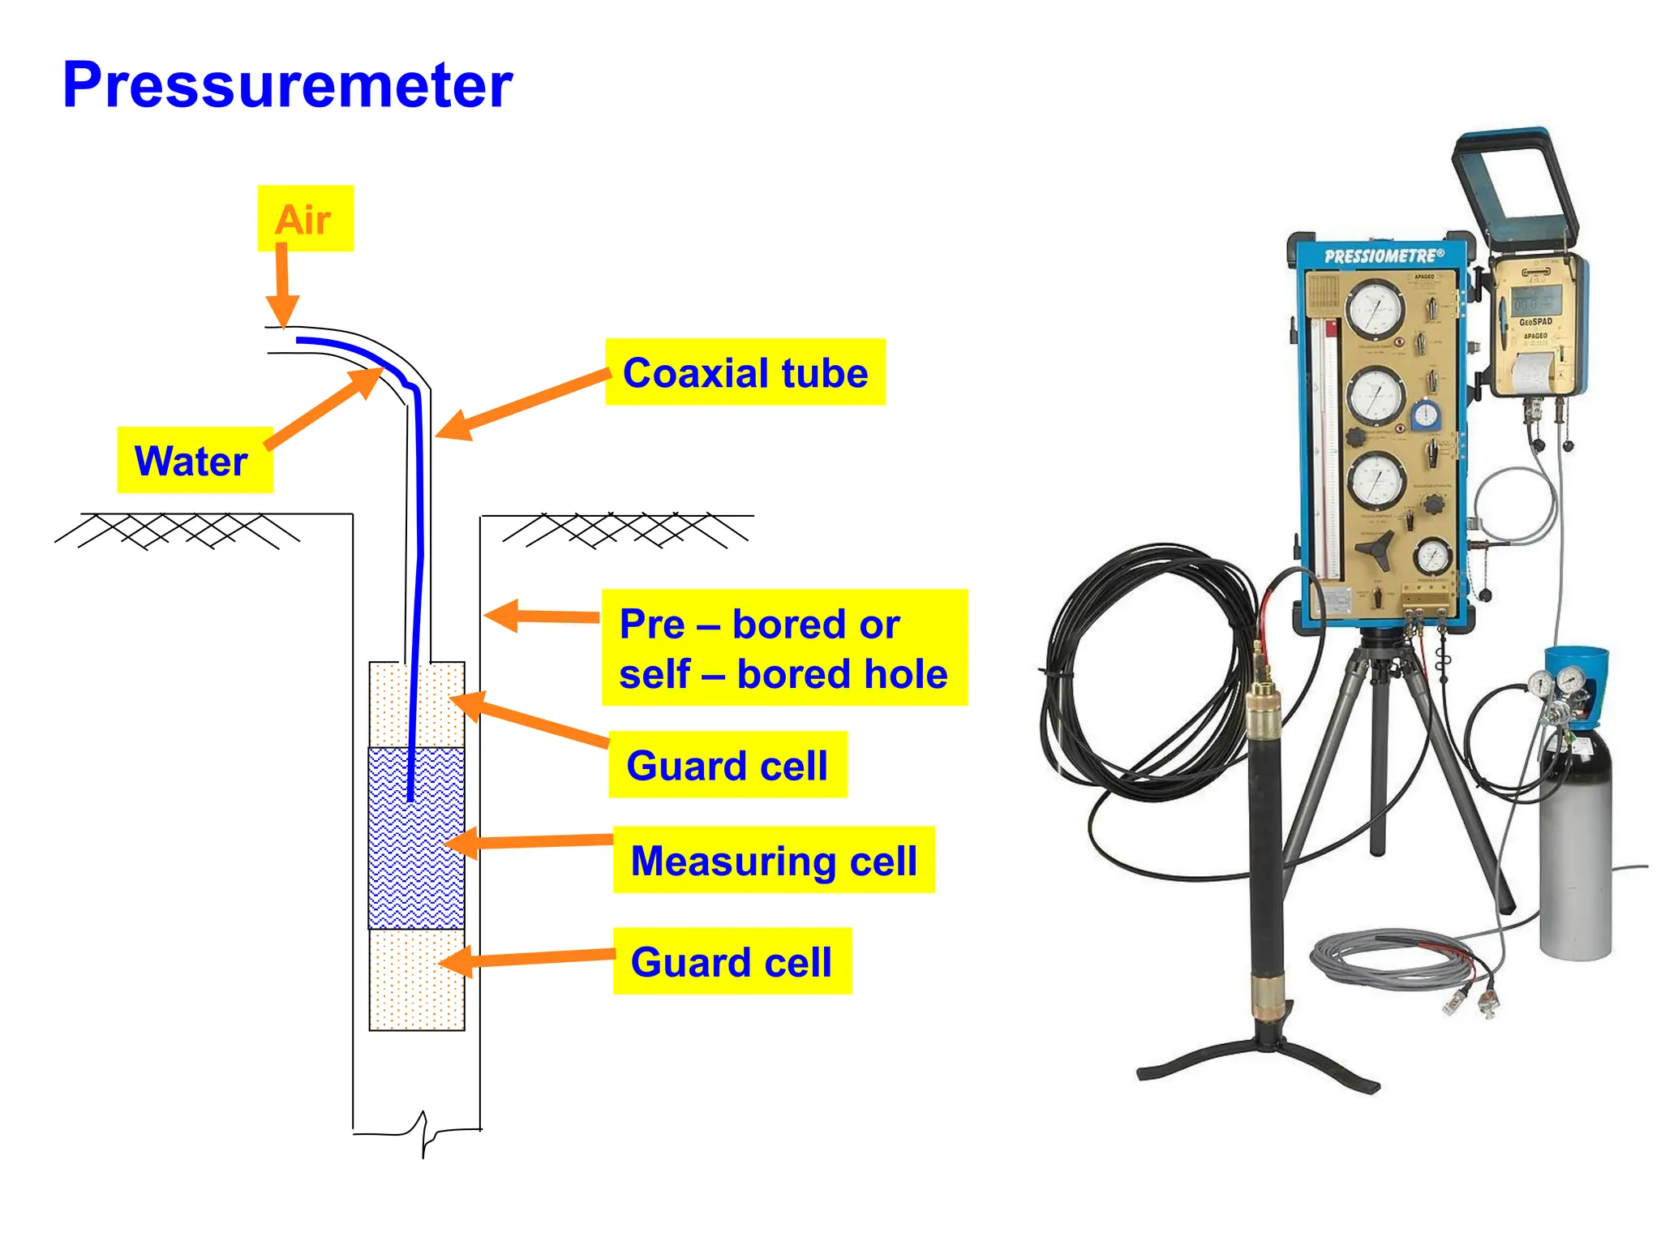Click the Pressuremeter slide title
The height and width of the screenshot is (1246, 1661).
pos(287,85)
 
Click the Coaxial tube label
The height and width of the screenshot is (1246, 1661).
pos(745,372)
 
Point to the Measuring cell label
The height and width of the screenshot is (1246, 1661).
pos(773,860)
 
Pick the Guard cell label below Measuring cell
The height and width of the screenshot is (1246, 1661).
pos(732,961)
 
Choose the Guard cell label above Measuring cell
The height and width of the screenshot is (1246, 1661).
pos(727,765)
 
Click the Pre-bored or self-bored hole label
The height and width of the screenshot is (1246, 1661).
pos(783,648)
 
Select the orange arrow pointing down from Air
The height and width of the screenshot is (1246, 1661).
pos(282,284)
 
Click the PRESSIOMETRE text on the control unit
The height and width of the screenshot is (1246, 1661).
pos(1384,256)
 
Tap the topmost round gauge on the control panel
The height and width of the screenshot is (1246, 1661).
pos(1375,309)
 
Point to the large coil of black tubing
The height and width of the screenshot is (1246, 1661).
pos(1135,673)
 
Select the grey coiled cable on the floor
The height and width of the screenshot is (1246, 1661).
pos(1387,961)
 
